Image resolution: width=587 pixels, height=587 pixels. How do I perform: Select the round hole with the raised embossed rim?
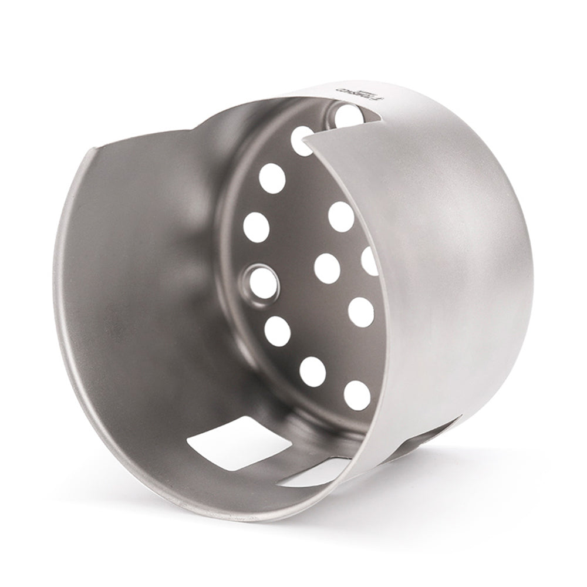tap(264, 283)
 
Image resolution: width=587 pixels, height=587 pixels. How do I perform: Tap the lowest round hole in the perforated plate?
tap(357, 395)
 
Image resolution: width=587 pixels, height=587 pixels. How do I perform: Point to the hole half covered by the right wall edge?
tap(369, 261)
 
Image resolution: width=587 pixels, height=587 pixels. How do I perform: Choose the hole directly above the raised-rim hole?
tap(257, 227)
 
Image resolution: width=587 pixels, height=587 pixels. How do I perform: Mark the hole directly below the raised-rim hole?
tap(277, 331)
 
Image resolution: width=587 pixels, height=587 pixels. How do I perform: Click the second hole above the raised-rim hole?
tap(272, 178)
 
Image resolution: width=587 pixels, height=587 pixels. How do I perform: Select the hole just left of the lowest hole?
tap(312, 372)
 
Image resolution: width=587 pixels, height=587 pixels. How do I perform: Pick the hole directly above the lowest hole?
tap(360, 312)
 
